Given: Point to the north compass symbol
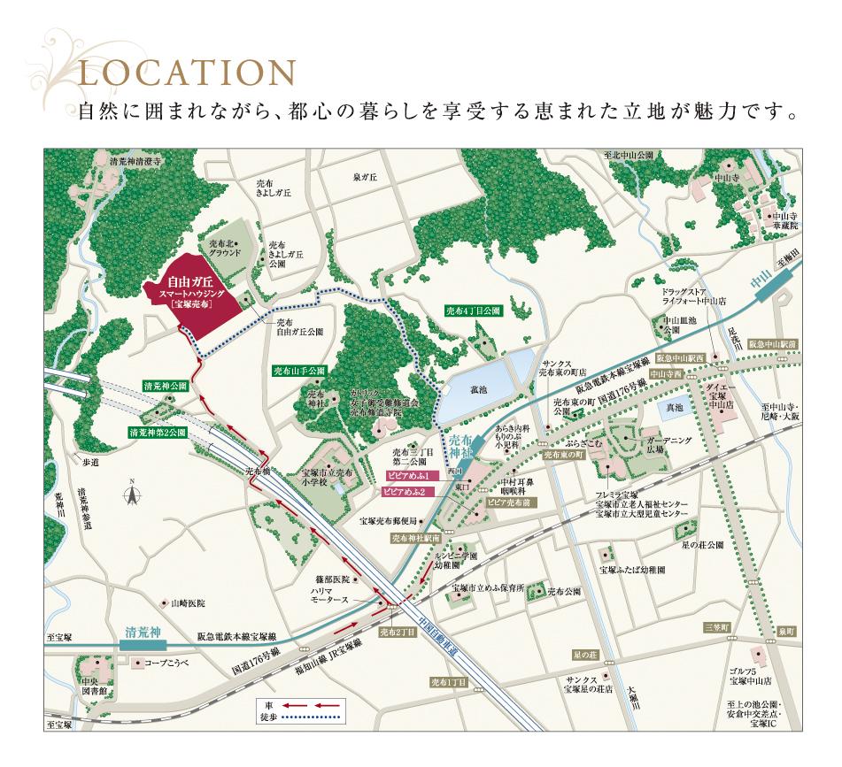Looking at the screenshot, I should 130,493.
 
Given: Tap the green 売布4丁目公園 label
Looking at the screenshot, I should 474,311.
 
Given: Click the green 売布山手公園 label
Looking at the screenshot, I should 298,371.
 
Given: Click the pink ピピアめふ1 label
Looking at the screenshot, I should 406,475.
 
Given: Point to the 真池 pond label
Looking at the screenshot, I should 675,407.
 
